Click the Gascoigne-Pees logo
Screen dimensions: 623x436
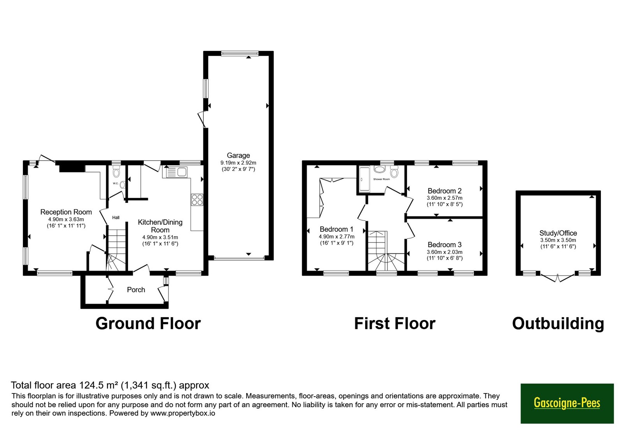coord(567,403)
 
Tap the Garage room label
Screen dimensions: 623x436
coord(238,155)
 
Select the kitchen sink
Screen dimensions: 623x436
coord(176,172)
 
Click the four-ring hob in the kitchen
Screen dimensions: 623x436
coord(197,200)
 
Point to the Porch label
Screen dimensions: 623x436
coord(136,290)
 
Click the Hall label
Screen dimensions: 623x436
coord(116,218)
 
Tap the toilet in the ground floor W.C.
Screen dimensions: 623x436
coord(116,171)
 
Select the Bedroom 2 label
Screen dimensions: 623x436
coord(444,191)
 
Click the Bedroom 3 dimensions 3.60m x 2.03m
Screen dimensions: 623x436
coord(444,252)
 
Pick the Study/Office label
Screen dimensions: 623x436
coord(558,233)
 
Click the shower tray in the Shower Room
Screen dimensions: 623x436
coord(364,179)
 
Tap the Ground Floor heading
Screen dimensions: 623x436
coord(148,323)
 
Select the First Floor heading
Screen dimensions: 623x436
coord(395,323)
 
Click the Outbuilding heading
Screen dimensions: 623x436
coord(558,324)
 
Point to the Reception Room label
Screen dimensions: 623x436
coord(66,212)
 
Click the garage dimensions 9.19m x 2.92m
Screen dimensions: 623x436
coord(238,163)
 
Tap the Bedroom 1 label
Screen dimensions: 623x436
coord(336,229)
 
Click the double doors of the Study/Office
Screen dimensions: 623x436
coord(557,278)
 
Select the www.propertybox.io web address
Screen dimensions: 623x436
coord(183,413)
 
